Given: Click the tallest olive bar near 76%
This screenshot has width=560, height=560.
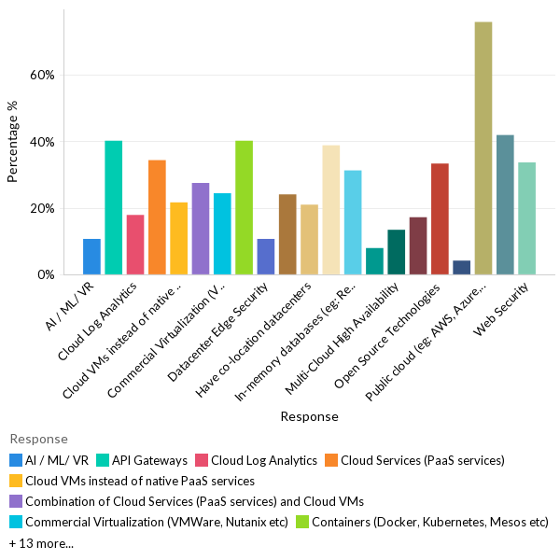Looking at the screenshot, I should pos(483,148).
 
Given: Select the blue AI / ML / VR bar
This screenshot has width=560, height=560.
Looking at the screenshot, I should pos(91,257).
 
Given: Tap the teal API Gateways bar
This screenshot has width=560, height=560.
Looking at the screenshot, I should pos(113,207).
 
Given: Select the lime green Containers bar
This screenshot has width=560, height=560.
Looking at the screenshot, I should pos(244,207).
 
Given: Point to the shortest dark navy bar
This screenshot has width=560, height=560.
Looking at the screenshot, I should pos(461,268).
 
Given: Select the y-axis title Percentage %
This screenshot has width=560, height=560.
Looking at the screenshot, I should pos(13,142).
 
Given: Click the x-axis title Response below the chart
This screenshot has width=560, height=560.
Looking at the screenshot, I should pos(309,417).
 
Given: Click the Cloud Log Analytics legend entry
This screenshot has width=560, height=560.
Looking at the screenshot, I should pos(257,460).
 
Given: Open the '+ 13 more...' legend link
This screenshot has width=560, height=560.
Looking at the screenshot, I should pos(41,543).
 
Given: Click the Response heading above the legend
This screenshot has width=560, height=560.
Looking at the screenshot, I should pos(38,439).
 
